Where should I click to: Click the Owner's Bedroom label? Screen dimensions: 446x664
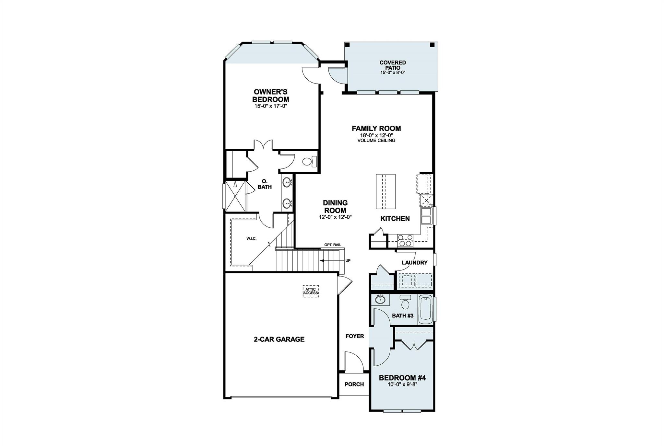point(270,96)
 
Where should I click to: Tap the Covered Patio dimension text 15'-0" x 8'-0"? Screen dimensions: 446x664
point(393,73)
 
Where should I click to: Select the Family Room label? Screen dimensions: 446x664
point(376,129)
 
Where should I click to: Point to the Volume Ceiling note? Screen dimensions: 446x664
point(376,141)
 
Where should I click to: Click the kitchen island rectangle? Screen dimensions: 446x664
point(385,191)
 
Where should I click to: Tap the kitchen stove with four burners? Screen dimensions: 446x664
point(405,240)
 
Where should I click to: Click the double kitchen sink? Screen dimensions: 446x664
point(426,216)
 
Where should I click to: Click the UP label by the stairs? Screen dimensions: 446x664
point(348,260)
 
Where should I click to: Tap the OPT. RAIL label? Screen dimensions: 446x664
point(333,245)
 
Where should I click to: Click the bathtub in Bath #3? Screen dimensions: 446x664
point(426,309)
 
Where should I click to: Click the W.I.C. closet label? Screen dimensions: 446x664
point(251,239)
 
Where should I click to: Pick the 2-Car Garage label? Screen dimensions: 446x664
point(279,339)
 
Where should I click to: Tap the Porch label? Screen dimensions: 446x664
point(354,384)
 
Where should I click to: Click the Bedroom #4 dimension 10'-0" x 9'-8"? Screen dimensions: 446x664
point(402,384)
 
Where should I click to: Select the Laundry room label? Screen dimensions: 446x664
point(414,263)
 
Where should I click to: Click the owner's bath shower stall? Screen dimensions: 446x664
point(236,196)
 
